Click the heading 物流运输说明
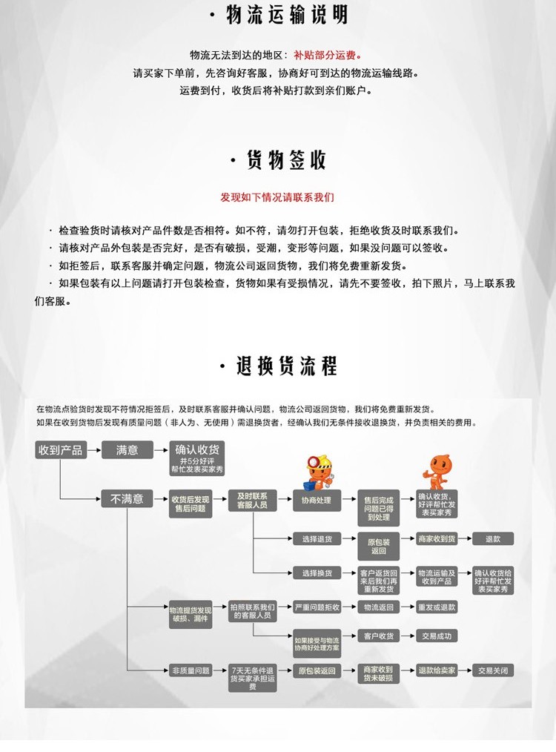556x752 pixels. (x=278, y=16)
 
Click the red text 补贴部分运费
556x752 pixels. (x=327, y=55)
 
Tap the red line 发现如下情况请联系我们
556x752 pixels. (x=277, y=197)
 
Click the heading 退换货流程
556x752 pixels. (x=279, y=366)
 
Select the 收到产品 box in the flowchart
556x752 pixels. (x=61, y=450)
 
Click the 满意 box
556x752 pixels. (x=127, y=450)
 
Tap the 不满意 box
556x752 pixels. (x=127, y=500)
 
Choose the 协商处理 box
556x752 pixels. (x=317, y=501)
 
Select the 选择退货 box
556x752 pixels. (x=317, y=539)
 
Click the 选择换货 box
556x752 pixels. (x=317, y=573)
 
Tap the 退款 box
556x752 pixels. (x=493, y=539)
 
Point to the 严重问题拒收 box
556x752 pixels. (x=317, y=607)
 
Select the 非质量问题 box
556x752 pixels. (x=191, y=670)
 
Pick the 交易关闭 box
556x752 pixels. (x=493, y=670)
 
